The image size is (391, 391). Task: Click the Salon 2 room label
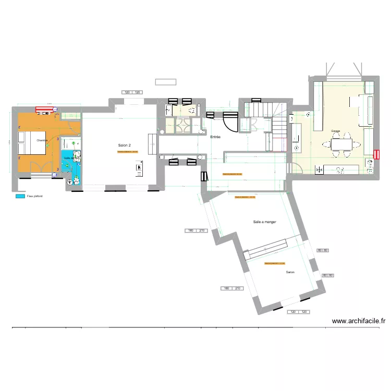[124, 145]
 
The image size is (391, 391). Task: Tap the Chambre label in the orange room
[42, 140]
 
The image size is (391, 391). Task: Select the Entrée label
[215, 137]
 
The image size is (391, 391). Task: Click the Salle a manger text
[264, 222]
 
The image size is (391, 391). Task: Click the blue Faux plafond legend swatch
[20, 197]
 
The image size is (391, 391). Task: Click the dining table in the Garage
[341, 143]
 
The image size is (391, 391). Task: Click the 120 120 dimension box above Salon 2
[132, 92]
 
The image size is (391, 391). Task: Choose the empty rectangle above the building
[165, 82]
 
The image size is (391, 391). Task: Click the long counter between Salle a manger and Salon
[267, 249]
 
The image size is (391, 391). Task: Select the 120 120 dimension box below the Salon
[299, 312]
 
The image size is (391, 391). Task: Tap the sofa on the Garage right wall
[368, 110]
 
